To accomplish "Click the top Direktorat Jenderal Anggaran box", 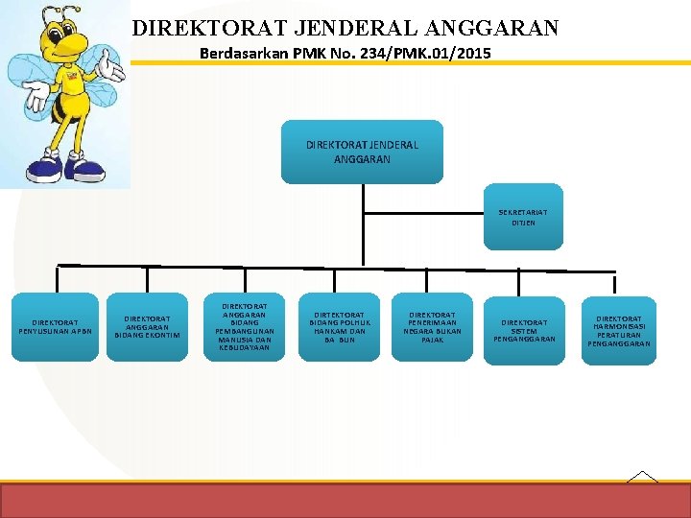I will tap(362, 151).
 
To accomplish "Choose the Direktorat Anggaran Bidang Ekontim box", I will tap(148, 327).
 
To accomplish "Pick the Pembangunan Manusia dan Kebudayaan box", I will tap(244, 327).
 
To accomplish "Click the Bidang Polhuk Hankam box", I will tap(340, 327).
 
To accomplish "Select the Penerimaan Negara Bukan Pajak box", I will tap(433, 327).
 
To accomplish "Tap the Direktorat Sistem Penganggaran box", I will tap(524, 329).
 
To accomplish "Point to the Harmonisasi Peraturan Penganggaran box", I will tap(618, 330).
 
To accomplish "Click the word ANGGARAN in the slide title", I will tap(497, 29).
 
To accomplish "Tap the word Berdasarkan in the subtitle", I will tap(240, 54).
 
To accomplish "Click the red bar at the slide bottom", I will tap(345, 500).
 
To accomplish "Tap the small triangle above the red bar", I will tap(641, 476).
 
